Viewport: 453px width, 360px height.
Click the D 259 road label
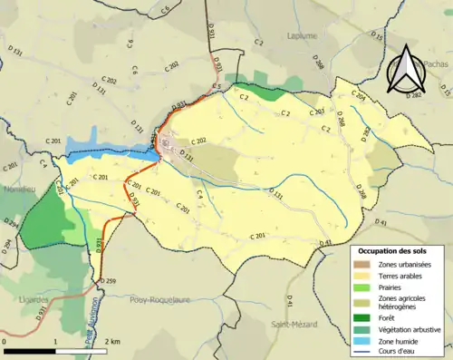pos(108,282)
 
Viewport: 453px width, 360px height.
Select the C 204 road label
pos(359,95)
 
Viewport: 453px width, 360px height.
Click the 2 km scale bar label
pos(112,341)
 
